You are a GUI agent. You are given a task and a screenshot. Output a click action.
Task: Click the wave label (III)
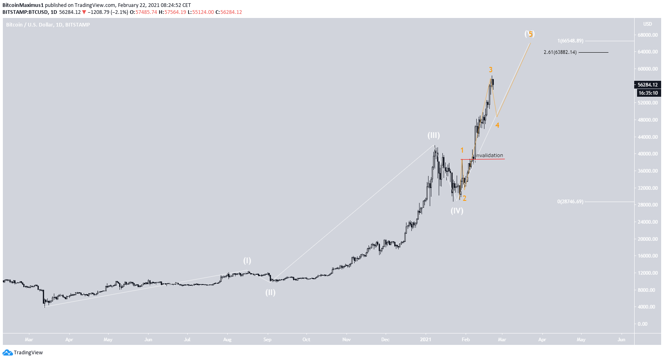[x=433, y=135]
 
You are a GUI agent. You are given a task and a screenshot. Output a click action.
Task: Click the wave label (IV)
[x=457, y=211]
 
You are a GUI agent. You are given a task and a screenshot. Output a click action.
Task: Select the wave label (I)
[x=247, y=260]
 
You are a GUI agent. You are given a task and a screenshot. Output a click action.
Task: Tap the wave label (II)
[x=270, y=292]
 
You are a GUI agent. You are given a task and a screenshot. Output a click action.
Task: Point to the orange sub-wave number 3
[x=491, y=70]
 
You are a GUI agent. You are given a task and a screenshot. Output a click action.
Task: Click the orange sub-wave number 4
[x=497, y=125]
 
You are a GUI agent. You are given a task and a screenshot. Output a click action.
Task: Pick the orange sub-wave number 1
[x=462, y=150]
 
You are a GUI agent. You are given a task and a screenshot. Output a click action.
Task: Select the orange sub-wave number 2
[x=464, y=198]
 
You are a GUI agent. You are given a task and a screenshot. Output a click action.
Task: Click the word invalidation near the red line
[x=490, y=155]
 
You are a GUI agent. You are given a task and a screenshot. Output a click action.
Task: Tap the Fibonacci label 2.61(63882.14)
[x=560, y=52]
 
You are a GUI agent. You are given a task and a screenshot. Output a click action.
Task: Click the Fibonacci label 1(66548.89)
[x=570, y=41]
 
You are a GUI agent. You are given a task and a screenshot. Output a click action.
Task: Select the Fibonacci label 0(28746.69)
[x=570, y=202]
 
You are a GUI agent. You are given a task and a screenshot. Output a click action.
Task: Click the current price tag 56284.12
[x=647, y=85]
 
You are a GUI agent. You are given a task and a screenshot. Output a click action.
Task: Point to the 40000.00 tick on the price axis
[x=647, y=154]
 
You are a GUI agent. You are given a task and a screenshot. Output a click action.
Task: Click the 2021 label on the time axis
[x=426, y=340]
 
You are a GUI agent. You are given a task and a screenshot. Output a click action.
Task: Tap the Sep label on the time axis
[x=267, y=340]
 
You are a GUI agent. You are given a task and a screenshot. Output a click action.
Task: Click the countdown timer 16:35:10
[x=648, y=93]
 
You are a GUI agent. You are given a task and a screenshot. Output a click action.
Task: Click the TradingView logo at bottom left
[x=23, y=353]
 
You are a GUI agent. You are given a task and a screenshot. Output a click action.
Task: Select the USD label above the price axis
[x=647, y=24]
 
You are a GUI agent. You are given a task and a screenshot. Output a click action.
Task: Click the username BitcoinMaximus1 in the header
[x=23, y=5]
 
